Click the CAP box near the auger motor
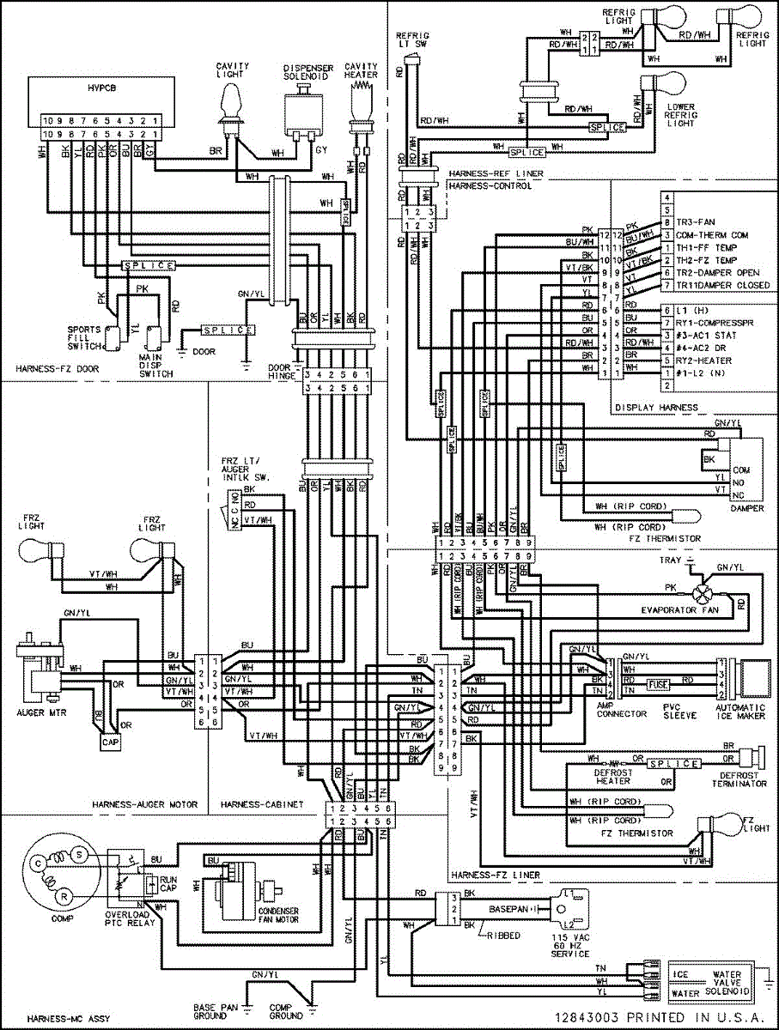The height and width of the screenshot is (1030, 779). (x=110, y=741)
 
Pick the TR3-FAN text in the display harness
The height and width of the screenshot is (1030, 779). (x=697, y=221)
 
